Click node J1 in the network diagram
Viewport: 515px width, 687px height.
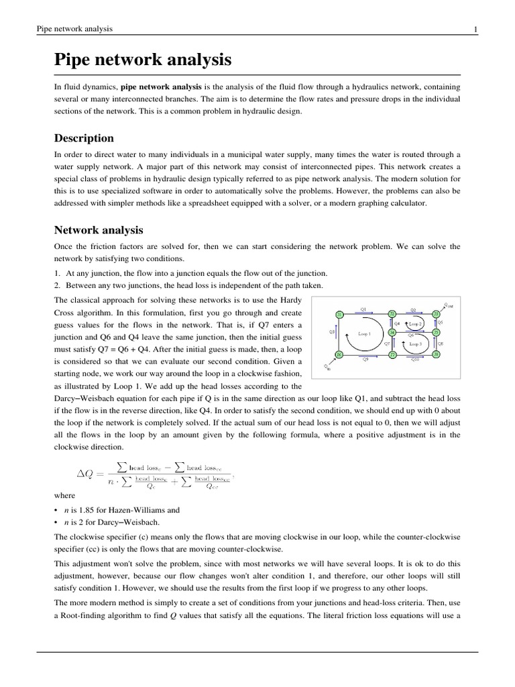pos(339,314)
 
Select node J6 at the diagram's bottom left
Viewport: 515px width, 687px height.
pos(339,354)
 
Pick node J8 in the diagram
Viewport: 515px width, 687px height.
pos(436,354)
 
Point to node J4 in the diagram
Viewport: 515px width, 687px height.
pos(392,332)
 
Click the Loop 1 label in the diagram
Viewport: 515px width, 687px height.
pos(365,333)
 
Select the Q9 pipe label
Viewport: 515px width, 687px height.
pos(365,360)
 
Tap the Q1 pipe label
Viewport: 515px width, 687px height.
pos(363,309)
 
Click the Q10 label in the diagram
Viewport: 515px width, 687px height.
pos(414,360)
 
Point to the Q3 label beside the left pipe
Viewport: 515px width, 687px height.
pos(332,331)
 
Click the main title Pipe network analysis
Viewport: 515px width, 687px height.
pos(143,60)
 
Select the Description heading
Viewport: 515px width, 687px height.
pos(84,138)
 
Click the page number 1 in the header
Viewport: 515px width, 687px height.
pos(475,29)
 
